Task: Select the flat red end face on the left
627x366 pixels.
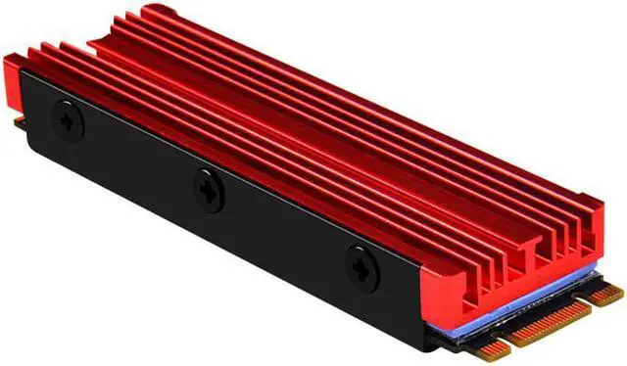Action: pyautogui.click(x=11, y=83)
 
